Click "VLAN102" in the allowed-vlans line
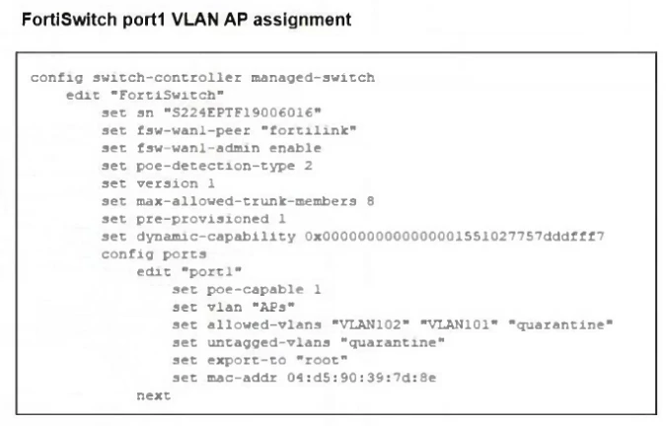(x=374, y=324)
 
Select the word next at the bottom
(x=153, y=395)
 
